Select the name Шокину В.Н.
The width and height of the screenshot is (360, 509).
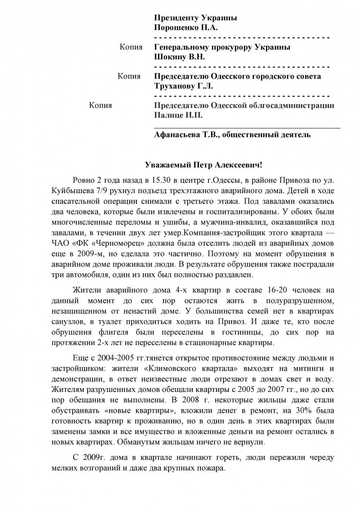tap(179, 57)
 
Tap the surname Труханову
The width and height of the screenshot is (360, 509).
tap(174, 86)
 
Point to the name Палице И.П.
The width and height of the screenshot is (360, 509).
tap(178, 115)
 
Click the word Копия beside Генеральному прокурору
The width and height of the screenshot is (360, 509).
tap(131, 47)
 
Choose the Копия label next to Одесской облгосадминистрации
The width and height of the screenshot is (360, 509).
tap(100, 105)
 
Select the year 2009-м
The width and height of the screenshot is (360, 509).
tap(96, 254)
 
